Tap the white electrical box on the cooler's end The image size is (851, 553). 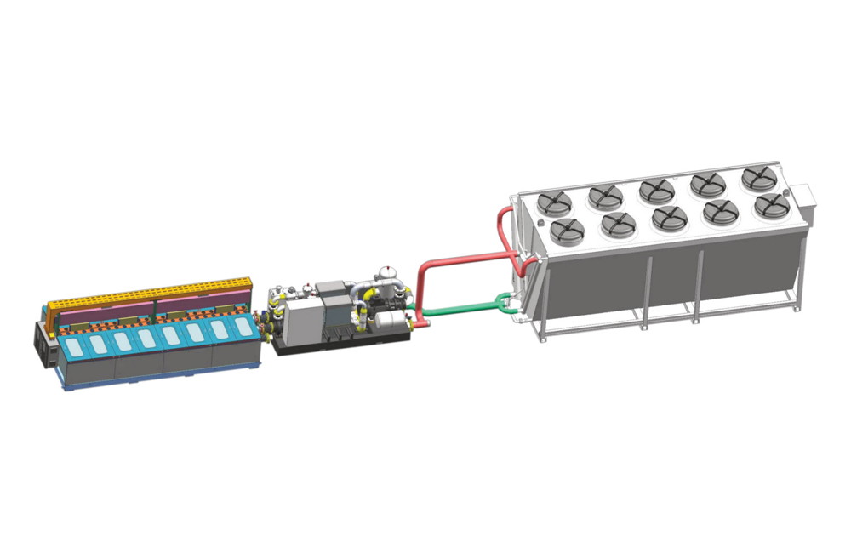click(803, 201)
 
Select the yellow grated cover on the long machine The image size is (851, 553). click(153, 293)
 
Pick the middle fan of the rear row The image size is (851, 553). click(657, 191)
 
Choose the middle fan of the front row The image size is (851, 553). click(669, 218)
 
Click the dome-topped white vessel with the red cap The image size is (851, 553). click(390, 276)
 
